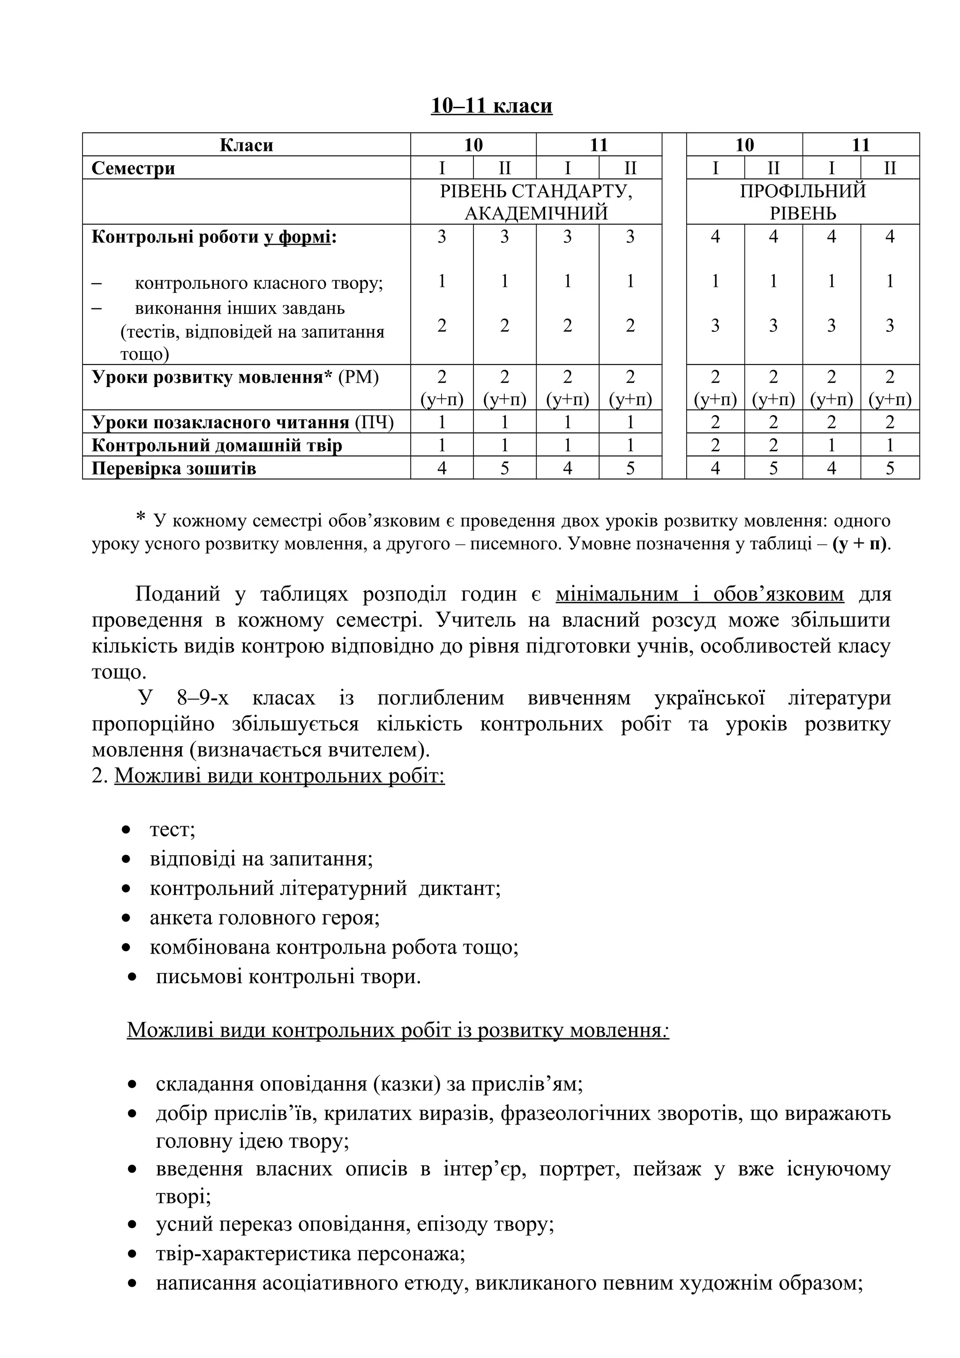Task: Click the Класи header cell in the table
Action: pos(246,145)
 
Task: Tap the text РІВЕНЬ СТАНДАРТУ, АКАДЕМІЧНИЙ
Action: pos(536,201)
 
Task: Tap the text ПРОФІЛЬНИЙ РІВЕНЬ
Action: pos(802,201)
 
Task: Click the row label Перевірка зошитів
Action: pos(174,469)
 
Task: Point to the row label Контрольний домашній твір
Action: pos(217,445)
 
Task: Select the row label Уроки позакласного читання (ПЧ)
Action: pos(242,422)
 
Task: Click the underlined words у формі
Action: pos(297,237)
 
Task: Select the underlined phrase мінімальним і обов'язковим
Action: pos(700,594)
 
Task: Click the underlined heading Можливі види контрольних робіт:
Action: pos(279,776)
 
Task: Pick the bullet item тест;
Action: pos(172,829)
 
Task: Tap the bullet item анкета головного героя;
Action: pos(264,918)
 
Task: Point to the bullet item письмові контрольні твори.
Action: pos(288,976)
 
